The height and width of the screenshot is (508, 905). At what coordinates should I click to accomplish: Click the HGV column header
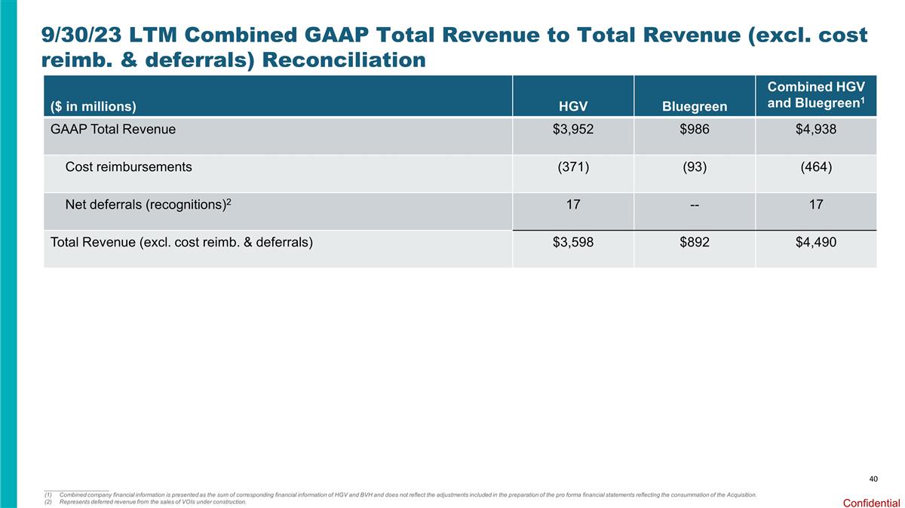(x=572, y=106)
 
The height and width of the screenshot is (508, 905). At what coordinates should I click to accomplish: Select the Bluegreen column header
(x=694, y=106)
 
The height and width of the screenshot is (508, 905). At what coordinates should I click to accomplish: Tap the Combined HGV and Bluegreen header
(x=815, y=96)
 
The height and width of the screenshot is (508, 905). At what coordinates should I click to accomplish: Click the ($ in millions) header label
(x=94, y=106)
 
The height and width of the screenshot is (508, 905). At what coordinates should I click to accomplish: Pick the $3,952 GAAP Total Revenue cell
(x=572, y=129)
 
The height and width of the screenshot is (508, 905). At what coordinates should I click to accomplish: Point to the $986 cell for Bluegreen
(x=694, y=129)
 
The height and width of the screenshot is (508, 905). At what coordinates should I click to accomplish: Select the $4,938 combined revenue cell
(x=815, y=129)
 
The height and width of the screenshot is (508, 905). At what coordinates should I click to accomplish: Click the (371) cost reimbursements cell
(x=572, y=167)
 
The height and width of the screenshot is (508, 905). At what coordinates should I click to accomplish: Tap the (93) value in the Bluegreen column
(x=694, y=167)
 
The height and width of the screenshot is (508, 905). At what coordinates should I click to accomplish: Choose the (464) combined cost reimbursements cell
(x=815, y=167)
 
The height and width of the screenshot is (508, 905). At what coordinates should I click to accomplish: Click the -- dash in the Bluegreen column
(x=694, y=204)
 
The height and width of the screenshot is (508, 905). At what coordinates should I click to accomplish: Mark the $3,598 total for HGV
(x=572, y=242)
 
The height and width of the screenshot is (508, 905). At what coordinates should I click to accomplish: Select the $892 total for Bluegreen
(x=694, y=242)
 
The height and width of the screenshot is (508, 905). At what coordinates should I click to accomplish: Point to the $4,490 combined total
(x=815, y=242)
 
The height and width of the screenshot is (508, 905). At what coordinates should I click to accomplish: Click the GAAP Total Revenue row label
(x=112, y=129)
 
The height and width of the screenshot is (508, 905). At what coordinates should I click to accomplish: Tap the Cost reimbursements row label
(x=128, y=167)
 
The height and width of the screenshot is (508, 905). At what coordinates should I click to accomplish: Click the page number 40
(x=873, y=479)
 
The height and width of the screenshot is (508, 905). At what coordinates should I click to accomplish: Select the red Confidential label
(x=871, y=502)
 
